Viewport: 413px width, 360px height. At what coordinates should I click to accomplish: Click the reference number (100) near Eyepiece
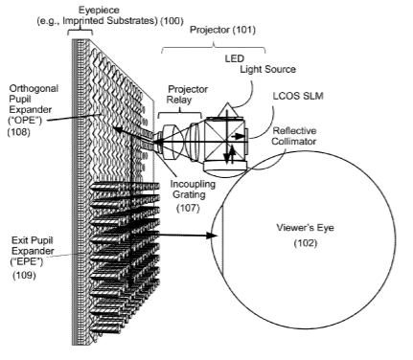[x=172, y=21]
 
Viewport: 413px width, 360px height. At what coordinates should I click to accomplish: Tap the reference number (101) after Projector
[x=244, y=30]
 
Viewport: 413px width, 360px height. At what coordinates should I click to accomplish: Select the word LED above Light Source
[x=235, y=58]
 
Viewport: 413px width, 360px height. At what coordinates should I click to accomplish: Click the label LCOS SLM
[x=298, y=96]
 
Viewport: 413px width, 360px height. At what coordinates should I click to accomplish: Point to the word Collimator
[x=294, y=141]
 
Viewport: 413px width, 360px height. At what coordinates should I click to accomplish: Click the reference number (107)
[x=188, y=208]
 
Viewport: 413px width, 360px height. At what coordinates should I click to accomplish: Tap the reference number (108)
[x=19, y=132]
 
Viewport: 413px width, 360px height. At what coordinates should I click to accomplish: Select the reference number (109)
[x=24, y=275]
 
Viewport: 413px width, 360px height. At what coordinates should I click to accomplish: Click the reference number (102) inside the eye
[x=306, y=243]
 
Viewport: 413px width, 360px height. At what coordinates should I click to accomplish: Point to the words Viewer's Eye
[x=305, y=228]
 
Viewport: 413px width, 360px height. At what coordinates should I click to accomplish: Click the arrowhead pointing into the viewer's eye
[x=212, y=236]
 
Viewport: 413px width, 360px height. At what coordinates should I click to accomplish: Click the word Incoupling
[x=193, y=185]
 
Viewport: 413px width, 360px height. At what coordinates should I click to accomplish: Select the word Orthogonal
[x=34, y=88]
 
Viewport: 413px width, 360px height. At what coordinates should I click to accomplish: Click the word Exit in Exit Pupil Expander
[x=19, y=240]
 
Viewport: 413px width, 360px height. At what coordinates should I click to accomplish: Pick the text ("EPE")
[x=27, y=262]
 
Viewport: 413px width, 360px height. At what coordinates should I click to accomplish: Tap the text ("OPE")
[x=26, y=121]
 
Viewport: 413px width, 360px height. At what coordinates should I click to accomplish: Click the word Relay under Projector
[x=179, y=100]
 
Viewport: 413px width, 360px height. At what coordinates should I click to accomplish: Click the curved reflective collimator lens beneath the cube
[x=226, y=168]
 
